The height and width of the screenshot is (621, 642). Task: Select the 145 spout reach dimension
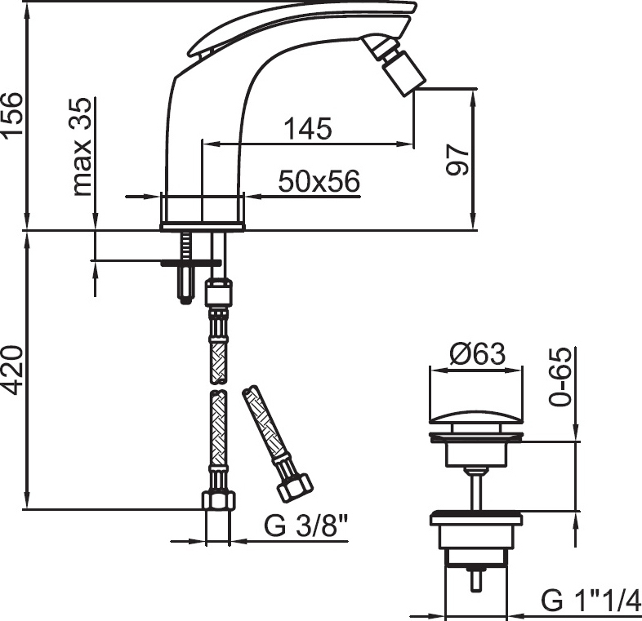307,128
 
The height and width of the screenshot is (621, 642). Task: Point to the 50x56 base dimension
319,181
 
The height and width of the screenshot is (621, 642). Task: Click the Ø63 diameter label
477,354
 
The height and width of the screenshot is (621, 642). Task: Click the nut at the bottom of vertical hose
218,500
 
